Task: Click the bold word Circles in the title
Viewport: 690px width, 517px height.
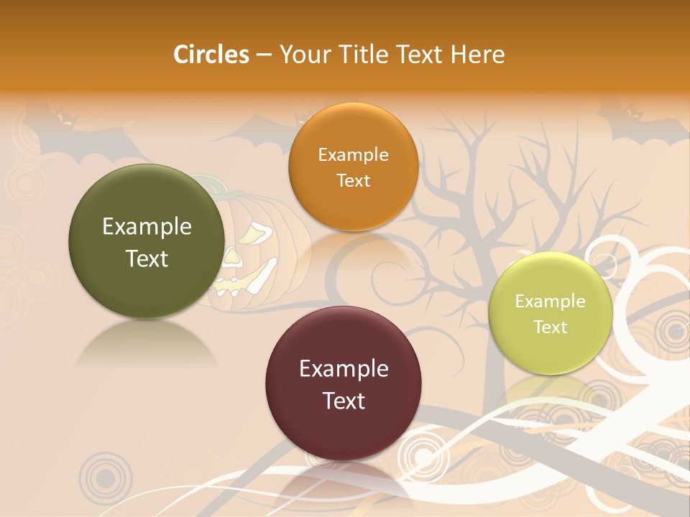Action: click(x=211, y=55)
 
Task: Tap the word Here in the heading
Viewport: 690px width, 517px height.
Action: click(x=479, y=55)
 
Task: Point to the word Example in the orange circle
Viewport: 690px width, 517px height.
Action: click(x=353, y=154)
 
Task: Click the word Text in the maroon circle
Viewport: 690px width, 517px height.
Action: click(x=344, y=401)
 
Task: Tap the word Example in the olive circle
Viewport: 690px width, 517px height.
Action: click(x=147, y=227)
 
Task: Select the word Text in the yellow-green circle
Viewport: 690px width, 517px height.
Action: click(x=550, y=327)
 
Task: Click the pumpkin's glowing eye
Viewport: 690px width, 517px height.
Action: click(x=252, y=235)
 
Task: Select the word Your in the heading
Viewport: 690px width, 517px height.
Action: click(x=303, y=55)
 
